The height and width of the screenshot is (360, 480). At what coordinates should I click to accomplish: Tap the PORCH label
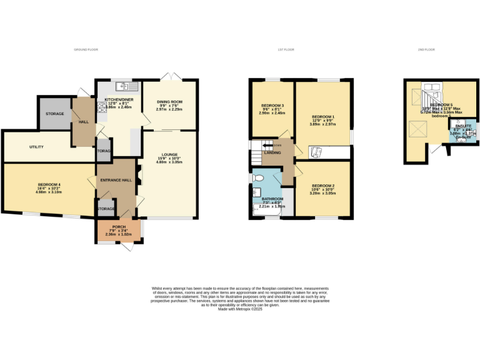[119, 227]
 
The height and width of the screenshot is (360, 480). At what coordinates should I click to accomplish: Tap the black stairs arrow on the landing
[258, 145]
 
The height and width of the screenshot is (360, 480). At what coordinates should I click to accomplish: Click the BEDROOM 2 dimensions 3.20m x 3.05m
[323, 194]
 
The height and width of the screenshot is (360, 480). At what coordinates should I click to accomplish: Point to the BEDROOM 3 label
[272, 105]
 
